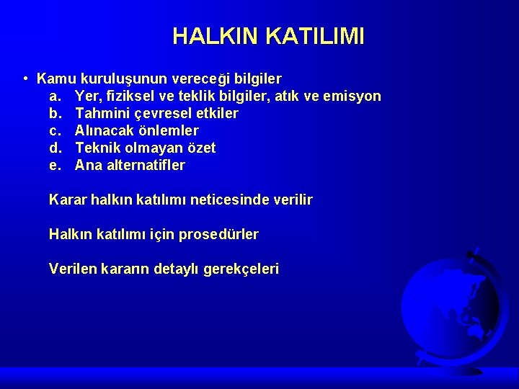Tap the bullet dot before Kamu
click(x=25, y=78)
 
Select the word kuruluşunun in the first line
click(x=123, y=78)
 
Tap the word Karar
click(x=68, y=200)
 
